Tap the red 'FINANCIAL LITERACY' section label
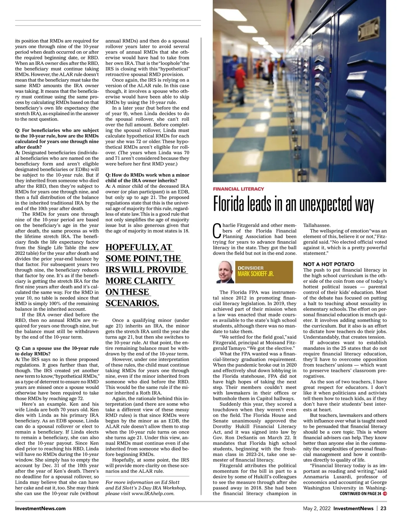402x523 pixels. coord(239,189)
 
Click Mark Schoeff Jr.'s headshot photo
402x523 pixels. coord(224,272)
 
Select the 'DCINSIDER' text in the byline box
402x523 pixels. coord(250,268)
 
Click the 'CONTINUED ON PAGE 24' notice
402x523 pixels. coord(360,493)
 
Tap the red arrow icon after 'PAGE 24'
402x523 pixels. coord(385,493)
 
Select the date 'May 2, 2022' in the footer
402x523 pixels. coord(317,508)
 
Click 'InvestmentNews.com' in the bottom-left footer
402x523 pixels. coord(40,508)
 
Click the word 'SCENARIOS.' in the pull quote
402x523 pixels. coord(132,303)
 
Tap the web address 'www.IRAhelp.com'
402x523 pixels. coord(155,493)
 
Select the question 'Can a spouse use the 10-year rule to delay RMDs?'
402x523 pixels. coord(57,351)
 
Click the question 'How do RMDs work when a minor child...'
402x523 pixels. coord(147,178)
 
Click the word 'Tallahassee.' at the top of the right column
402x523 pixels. coord(317,225)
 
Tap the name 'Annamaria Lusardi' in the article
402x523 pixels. coord(325,477)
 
